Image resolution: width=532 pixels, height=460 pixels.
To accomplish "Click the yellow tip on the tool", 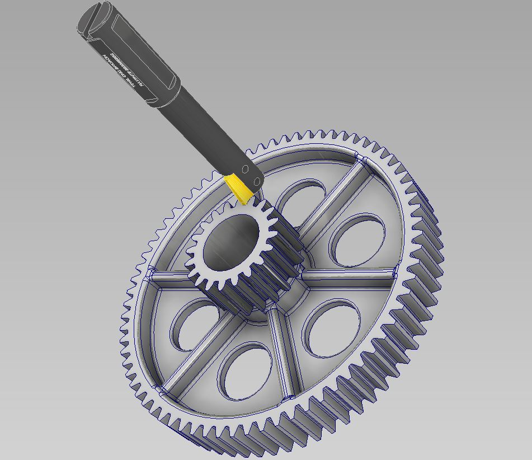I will click(240, 188).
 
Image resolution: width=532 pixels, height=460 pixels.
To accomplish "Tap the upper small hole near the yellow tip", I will click(245, 170).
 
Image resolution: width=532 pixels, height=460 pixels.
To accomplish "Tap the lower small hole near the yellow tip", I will click(257, 181).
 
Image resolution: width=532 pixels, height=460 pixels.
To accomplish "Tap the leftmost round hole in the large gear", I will click(193, 326).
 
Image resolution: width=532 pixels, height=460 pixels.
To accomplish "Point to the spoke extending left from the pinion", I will click(168, 278).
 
